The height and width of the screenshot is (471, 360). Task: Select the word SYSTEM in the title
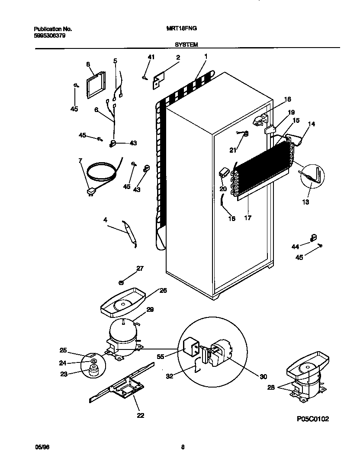pos(186,44)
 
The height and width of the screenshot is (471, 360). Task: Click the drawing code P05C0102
pos(313,419)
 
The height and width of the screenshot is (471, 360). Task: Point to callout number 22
pos(140,416)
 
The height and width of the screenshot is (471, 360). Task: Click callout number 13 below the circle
pos(306,202)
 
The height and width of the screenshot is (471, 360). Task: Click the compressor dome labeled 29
pos(122,333)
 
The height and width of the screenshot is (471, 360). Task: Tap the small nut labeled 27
pos(122,282)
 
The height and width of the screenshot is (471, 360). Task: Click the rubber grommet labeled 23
pos(92,370)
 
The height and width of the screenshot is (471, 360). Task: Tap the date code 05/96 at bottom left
pos(39,448)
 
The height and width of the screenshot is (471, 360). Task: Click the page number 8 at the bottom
pos(183,448)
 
